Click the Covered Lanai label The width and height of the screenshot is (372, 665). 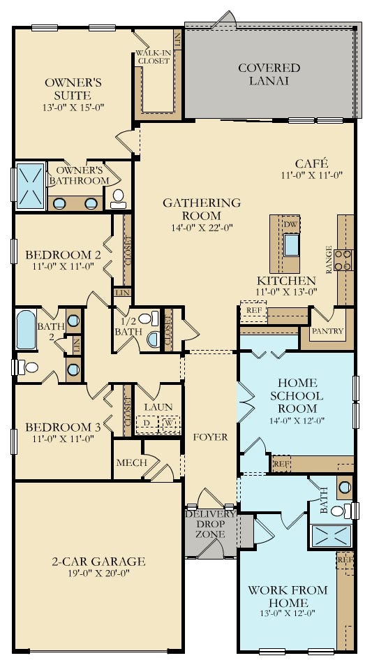coord(269,74)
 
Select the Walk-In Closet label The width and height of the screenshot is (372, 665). coord(153,57)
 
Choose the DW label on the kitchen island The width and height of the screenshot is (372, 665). coord(290,224)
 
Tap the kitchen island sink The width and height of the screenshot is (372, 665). coord(290,244)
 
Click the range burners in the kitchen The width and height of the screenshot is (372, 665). coord(343,259)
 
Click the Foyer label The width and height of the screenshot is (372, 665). coord(210,437)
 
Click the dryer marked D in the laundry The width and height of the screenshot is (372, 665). coord(147,423)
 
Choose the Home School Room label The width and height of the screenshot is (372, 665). coord(297,395)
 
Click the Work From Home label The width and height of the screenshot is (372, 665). coord(288,596)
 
